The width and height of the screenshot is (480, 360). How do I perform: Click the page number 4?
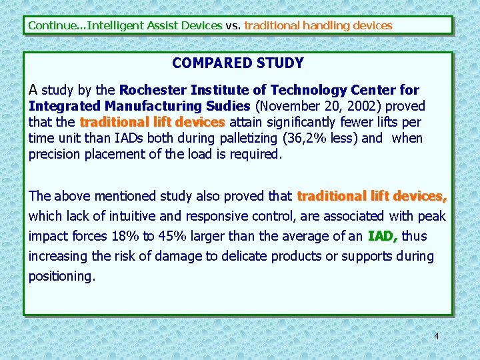[x=437, y=336]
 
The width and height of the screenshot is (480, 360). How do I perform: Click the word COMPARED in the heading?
[x=204, y=63]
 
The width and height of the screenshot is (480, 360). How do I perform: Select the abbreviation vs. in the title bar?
[x=233, y=25]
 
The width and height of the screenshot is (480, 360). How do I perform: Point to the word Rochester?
[x=153, y=89]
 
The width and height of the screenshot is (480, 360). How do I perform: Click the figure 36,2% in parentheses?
[x=307, y=139]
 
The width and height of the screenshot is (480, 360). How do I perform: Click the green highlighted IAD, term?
[x=383, y=236]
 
